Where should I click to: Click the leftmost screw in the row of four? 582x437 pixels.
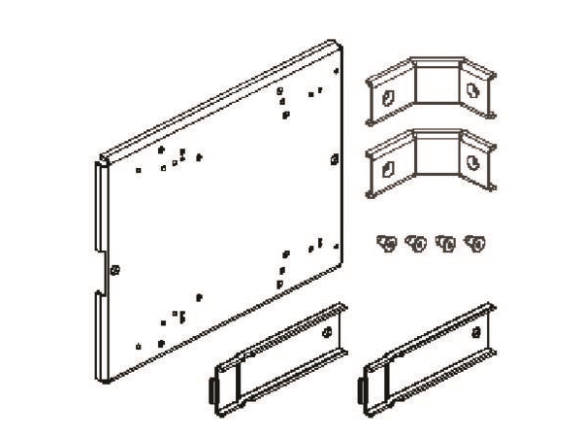(387, 243)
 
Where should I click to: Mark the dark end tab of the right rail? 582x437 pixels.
(360, 390)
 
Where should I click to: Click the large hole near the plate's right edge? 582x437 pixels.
(335, 158)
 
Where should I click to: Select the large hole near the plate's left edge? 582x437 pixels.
(114, 269)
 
